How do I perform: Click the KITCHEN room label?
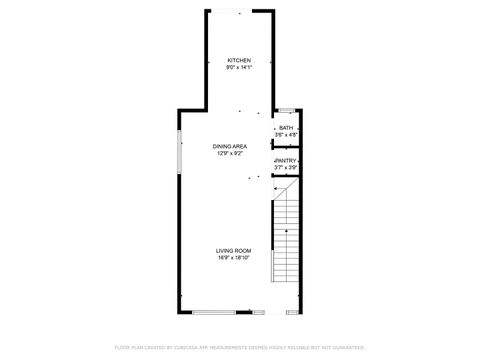point(239,61)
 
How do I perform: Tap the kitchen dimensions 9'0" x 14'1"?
point(239,68)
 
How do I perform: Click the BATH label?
point(286,128)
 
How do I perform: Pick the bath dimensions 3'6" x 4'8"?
point(286,134)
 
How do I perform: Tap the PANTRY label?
point(286,160)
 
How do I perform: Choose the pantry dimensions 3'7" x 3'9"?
point(286,166)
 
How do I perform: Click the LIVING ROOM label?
point(233,250)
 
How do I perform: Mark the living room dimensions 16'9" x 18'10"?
point(233,257)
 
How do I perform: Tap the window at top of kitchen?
point(240,10)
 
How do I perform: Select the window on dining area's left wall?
point(179,149)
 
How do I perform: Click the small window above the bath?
point(286,109)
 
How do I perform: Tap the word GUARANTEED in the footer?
point(346,347)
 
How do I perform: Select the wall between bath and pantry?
point(286,146)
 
